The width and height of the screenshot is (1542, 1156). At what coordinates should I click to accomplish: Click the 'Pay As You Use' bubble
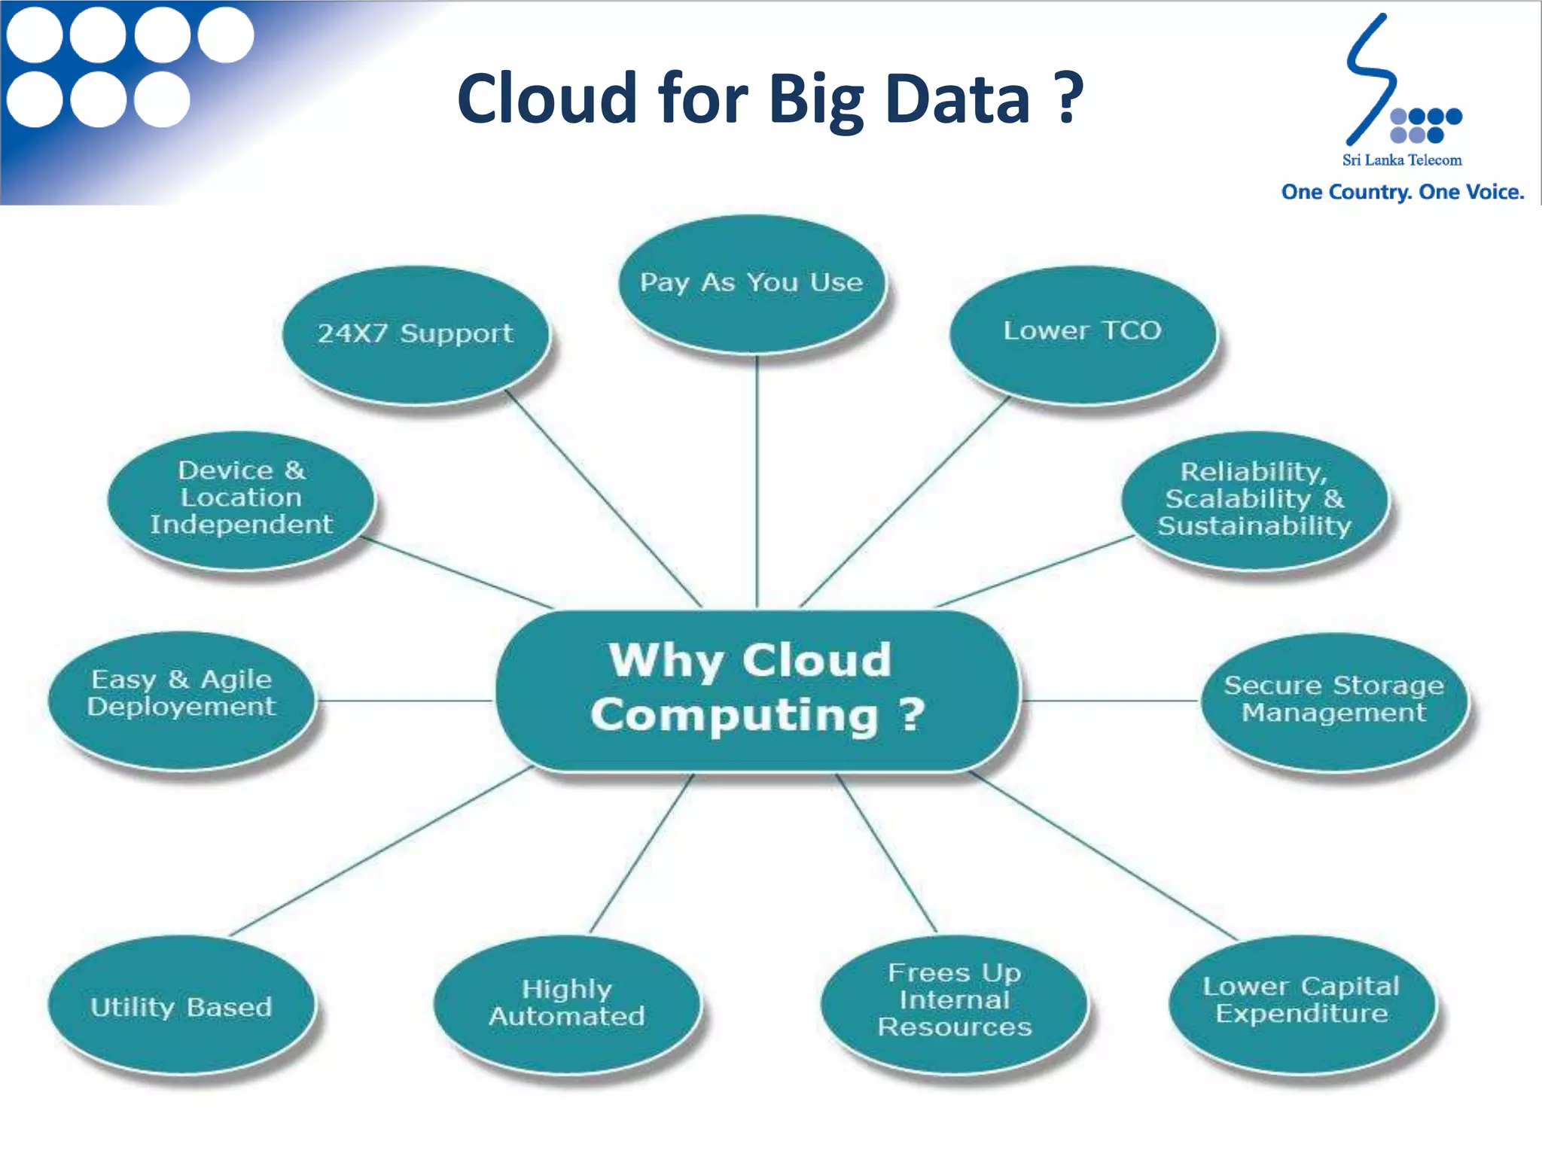point(751,284)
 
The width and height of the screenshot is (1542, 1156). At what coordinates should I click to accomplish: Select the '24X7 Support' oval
point(416,334)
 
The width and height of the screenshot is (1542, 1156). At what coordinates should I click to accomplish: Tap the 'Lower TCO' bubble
point(1082,332)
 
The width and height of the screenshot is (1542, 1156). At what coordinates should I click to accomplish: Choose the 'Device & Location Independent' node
point(241,497)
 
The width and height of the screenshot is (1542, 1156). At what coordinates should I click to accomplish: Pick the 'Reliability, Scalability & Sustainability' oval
point(1254,499)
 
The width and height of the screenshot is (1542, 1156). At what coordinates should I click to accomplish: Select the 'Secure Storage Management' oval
point(1333,699)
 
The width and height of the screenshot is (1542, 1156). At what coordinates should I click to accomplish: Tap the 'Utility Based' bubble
point(181,1006)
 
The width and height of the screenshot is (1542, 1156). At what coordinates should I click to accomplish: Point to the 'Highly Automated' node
point(566,1002)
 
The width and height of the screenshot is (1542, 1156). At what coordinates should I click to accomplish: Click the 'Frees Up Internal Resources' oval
point(954,1000)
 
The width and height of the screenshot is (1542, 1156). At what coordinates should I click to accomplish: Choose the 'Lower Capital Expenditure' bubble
point(1301,1000)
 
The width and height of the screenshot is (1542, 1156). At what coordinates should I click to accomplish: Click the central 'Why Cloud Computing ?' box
point(757,689)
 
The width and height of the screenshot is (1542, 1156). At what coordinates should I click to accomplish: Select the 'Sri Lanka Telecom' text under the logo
point(1401,160)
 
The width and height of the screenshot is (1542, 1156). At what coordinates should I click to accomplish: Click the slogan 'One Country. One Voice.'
point(1402,193)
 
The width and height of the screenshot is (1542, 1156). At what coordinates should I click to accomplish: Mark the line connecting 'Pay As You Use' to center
point(757,482)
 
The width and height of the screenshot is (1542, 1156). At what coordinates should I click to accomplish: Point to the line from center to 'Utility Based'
point(380,851)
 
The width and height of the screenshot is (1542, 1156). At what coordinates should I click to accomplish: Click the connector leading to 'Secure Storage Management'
point(1111,701)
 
